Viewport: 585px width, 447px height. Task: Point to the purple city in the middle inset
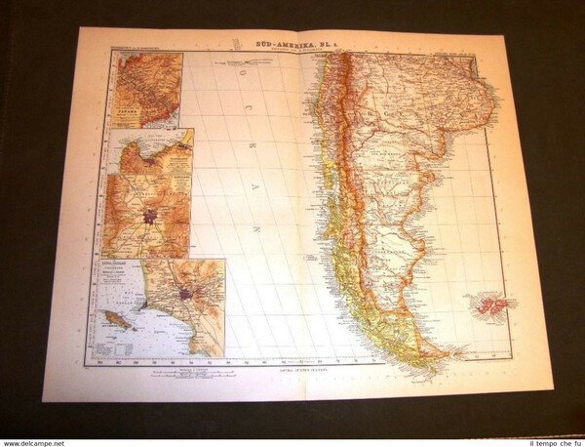[149, 215]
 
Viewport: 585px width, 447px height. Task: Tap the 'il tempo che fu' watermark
[550, 438]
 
